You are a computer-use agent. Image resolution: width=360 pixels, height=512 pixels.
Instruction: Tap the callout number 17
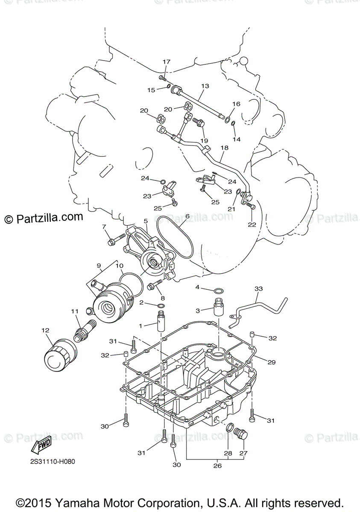[x=167, y=62]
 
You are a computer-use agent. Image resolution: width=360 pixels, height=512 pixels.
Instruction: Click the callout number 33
[x=258, y=289]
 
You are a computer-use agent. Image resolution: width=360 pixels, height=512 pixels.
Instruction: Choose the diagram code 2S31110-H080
[x=56, y=461]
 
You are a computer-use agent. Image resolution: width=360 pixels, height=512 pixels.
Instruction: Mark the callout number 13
[x=205, y=86]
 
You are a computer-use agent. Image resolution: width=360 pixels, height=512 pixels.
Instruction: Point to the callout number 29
[x=271, y=362]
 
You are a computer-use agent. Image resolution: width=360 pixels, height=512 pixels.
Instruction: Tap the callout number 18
[x=224, y=148]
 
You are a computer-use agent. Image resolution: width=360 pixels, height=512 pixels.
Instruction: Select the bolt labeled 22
[x=250, y=206]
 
